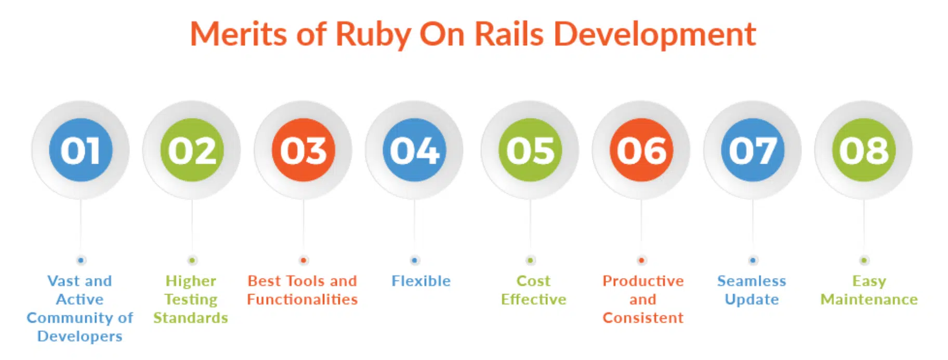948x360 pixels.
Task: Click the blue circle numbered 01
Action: coord(81,150)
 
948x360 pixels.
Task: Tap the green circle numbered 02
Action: coord(192,150)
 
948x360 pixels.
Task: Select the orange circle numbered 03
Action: coord(304,150)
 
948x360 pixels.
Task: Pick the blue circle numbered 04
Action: coord(414,150)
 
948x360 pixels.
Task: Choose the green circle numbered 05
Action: coord(530,150)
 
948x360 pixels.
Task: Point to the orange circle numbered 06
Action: coord(641,150)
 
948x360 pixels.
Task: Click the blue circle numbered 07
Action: coord(753,150)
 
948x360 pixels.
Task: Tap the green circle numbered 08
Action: coord(864,150)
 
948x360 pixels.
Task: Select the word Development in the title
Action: coord(654,35)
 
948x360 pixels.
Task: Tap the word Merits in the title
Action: coord(239,35)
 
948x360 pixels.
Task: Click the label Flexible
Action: coord(421,281)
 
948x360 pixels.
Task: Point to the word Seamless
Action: coord(752,281)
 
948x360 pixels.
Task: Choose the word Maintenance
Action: coord(869,300)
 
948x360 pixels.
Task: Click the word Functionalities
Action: coord(302,300)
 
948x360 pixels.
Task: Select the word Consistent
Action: coord(643,318)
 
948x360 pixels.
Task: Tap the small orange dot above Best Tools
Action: coord(304,260)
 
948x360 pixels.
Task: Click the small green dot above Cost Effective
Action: coord(530,260)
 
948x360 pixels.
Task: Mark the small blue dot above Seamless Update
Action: coord(753,260)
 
